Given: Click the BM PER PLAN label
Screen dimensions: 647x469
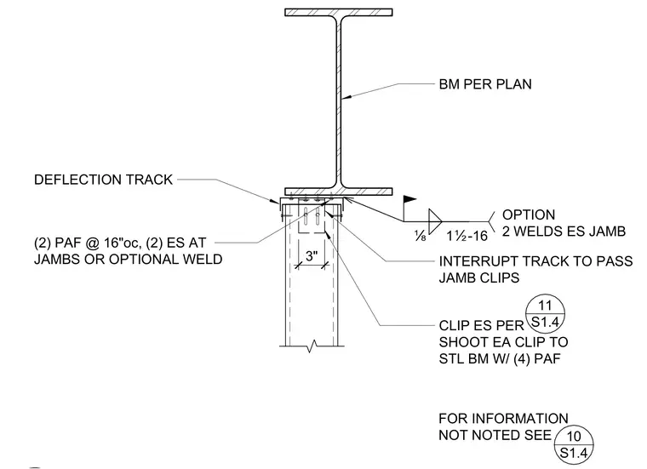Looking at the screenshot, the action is [485, 84].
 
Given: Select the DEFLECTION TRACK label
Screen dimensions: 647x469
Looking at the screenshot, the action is [103, 180].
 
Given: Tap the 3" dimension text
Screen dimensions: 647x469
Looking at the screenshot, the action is [312, 256].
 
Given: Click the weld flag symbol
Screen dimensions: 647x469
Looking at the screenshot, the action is [409, 200].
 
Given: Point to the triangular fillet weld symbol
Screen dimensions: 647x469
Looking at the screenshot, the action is [435, 221].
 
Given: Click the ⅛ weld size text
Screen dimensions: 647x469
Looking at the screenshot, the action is [420, 236].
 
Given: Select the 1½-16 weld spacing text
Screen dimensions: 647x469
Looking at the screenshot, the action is [467, 236].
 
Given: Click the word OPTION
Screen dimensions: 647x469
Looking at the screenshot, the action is [529, 214].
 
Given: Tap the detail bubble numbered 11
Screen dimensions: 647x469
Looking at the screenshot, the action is [545, 314].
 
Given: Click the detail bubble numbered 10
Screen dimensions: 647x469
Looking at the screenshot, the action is [574, 444].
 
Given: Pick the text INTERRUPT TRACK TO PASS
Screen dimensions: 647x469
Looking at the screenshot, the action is [535, 261].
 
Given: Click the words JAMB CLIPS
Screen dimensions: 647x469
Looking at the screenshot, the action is [478, 278].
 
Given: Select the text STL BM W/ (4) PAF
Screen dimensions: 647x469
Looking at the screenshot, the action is [500, 359].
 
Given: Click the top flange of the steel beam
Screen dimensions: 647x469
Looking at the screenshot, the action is [338, 13].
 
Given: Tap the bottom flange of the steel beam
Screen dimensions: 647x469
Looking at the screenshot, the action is [338, 192].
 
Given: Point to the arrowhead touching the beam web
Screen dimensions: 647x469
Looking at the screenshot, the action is [347, 97].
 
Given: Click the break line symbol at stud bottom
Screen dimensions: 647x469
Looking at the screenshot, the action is [312, 346].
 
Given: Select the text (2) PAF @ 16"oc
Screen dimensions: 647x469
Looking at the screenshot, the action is [86, 243].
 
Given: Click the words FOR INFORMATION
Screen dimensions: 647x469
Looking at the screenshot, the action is [503, 419].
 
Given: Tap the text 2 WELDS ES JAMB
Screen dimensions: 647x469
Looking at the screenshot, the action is [564, 232].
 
